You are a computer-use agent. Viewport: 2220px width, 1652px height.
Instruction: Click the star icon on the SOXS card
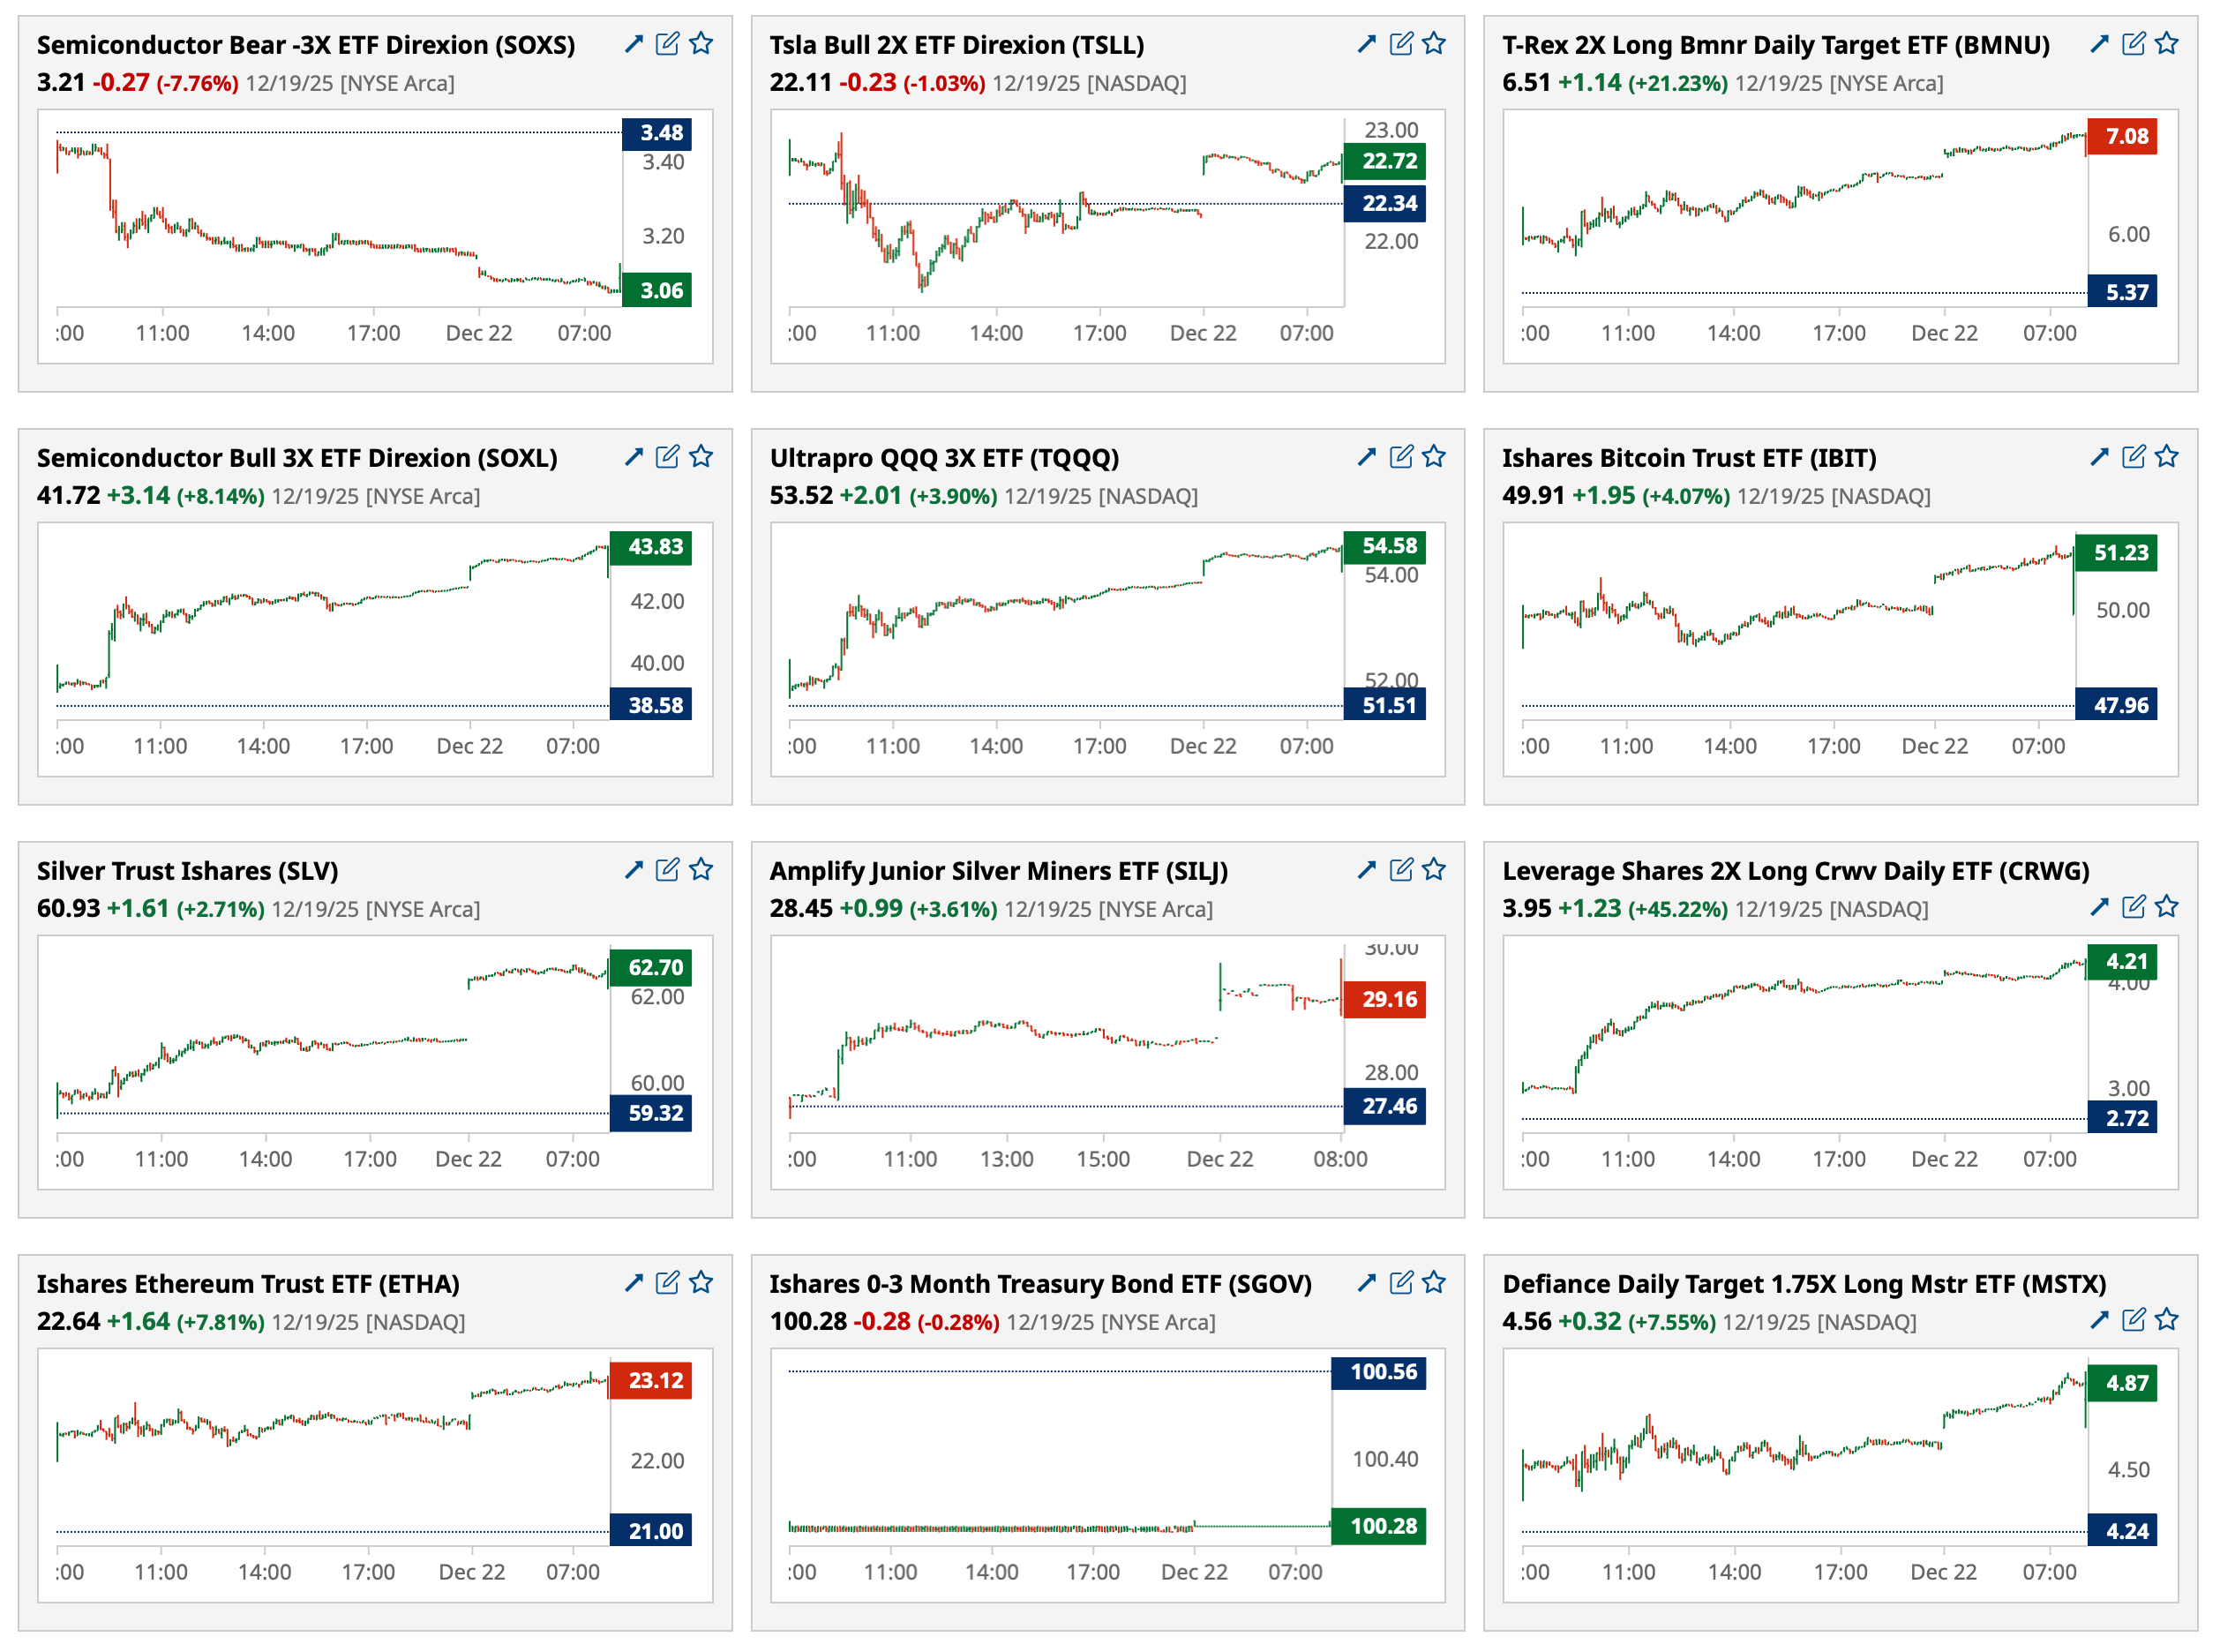tap(701, 43)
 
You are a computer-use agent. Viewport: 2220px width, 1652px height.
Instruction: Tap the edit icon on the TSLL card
tap(1401, 43)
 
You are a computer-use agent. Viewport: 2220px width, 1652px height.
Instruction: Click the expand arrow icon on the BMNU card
tap(2099, 43)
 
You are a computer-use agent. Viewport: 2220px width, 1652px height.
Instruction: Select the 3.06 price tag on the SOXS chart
tap(657, 291)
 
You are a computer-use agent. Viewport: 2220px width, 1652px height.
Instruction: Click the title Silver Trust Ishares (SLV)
tap(187, 871)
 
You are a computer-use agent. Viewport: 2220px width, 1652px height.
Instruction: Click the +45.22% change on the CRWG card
tap(1677, 909)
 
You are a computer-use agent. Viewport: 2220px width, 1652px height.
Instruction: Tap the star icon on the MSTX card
tap(2167, 1320)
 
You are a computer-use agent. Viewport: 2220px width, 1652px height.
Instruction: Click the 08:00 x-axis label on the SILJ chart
tap(1340, 1159)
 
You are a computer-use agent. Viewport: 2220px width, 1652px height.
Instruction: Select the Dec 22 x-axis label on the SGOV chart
tap(1194, 1572)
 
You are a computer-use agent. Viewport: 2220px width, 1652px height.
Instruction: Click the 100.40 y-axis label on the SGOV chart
tap(1385, 1459)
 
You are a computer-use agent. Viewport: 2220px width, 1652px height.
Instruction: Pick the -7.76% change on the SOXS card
tap(197, 83)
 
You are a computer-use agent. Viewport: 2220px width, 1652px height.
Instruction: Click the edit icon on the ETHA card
tap(667, 1282)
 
